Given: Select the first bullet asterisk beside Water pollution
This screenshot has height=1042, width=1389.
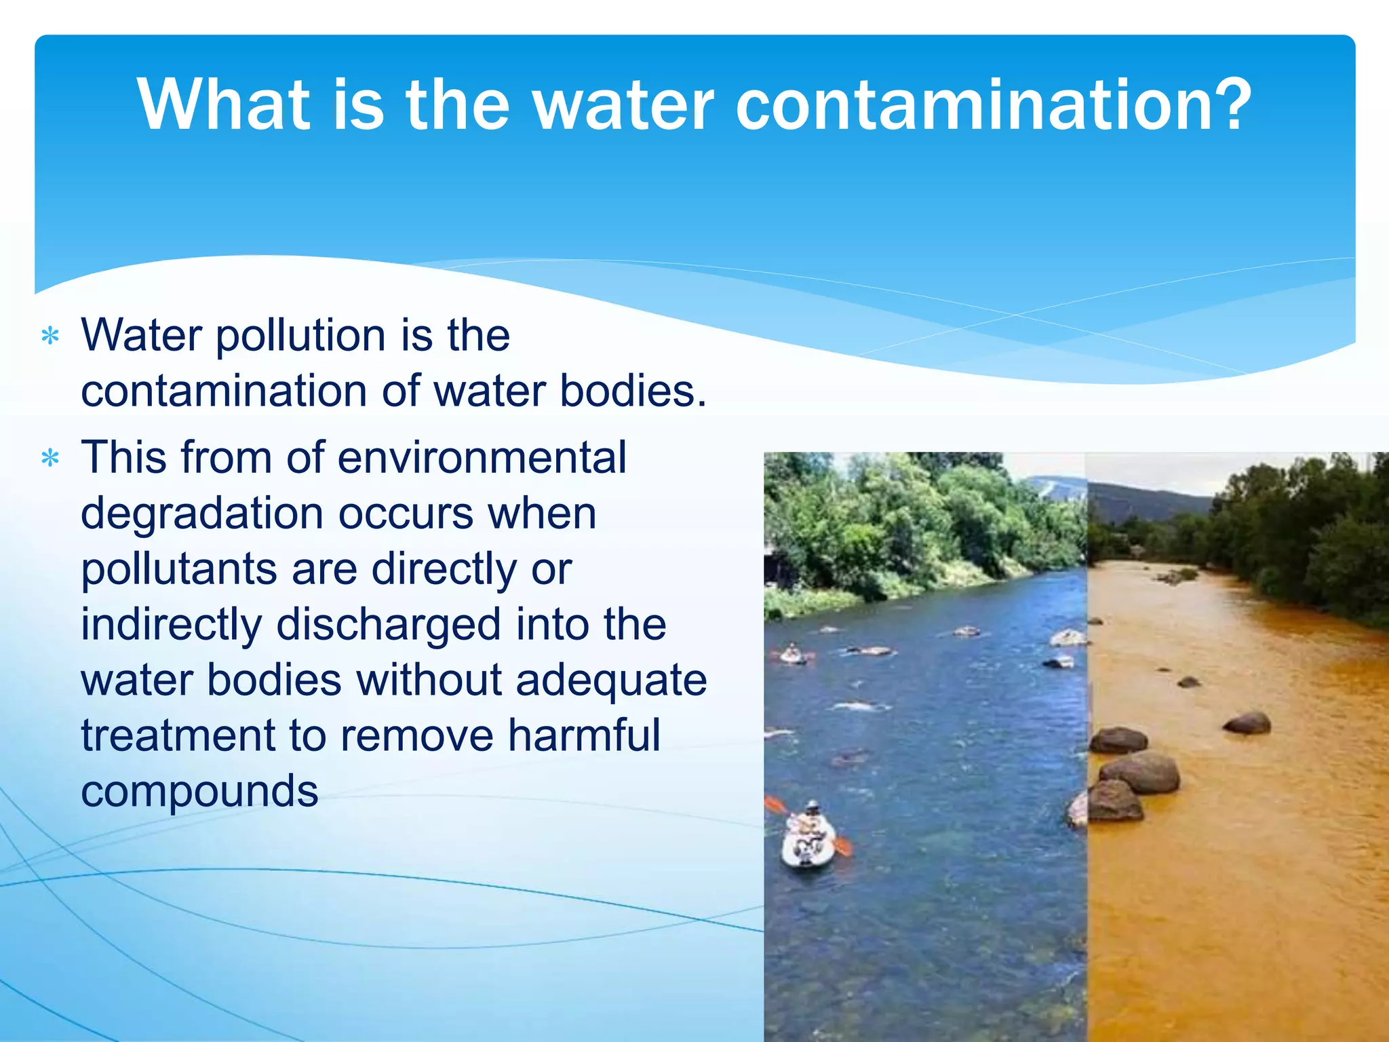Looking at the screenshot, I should point(51,336).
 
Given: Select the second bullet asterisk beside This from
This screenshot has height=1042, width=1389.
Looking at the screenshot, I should point(51,459).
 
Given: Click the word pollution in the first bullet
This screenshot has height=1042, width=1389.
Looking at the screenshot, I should point(300,336).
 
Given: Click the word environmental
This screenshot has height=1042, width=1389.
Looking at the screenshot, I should point(482,458).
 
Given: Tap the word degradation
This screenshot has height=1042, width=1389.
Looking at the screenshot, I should point(201,514).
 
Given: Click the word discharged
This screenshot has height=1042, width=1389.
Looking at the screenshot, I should point(389,625).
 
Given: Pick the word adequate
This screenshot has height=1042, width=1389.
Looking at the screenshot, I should point(611,681).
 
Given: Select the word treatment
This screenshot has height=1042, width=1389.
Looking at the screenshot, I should point(177,736).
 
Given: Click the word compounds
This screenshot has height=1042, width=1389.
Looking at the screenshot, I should point(199,792).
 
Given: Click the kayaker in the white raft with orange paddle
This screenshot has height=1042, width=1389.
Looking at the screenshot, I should point(807,838).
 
